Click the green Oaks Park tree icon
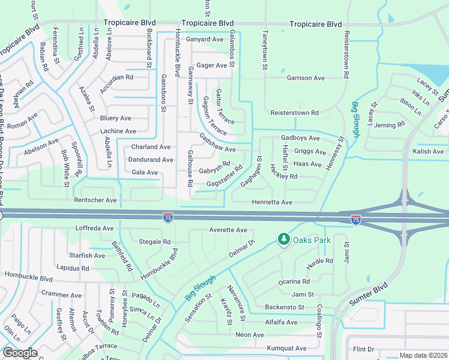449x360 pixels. (x=283, y=239)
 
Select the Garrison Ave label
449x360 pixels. (x=306, y=78)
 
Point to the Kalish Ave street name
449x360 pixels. (x=428, y=152)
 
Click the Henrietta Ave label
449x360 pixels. (x=272, y=203)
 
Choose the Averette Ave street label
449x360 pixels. (x=228, y=230)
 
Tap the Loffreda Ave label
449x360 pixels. (x=94, y=229)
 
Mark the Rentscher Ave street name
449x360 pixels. (x=95, y=200)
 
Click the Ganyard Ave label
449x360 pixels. (x=205, y=40)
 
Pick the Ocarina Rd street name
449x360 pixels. (x=294, y=281)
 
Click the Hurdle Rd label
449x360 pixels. (x=319, y=261)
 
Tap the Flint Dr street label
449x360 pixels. (x=364, y=349)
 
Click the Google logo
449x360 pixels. (x=20, y=353)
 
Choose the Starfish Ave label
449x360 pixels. (x=87, y=256)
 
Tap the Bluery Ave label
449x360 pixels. (x=116, y=118)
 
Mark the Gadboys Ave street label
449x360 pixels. (x=300, y=138)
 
